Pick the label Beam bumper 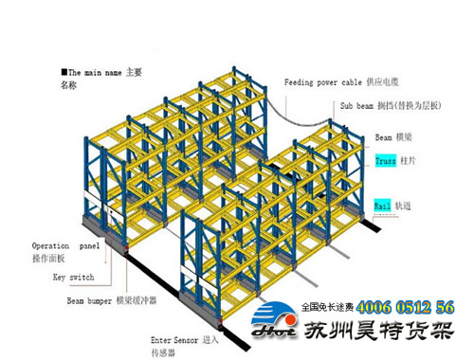click(88, 300)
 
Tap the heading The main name click(91, 71)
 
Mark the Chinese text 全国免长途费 click(327, 308)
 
